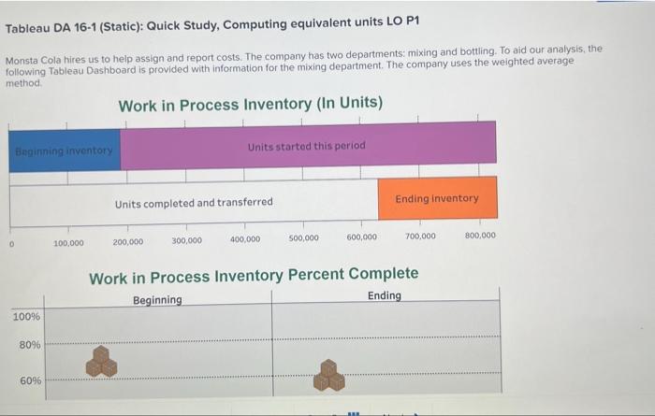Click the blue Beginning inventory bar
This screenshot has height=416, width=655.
coord(65,150)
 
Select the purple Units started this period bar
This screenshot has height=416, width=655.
coord(308,147)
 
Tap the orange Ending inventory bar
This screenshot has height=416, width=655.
coord(437,198)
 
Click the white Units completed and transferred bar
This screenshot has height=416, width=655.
coord(194,202)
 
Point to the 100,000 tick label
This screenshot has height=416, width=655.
coord(68,243)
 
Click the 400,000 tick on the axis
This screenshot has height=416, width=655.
coord(245,239)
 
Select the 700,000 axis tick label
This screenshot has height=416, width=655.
coord(420,237)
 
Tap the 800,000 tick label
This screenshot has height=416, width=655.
coord(480,236)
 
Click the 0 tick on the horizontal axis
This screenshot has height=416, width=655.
coord(10,244)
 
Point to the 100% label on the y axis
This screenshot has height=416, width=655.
coord(26,317)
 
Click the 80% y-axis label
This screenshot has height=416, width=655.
coord(30,346)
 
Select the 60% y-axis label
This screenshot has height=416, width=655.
coord(30,380)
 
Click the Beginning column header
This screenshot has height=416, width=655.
coord(157,300)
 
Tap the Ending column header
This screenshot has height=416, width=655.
coord(384,295)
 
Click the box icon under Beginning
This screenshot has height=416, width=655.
coord(102,362)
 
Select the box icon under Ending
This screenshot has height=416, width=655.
coord(329,375)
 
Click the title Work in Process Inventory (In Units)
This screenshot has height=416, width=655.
coord(250,106)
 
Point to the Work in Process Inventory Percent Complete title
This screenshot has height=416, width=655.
coord(254,276)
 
